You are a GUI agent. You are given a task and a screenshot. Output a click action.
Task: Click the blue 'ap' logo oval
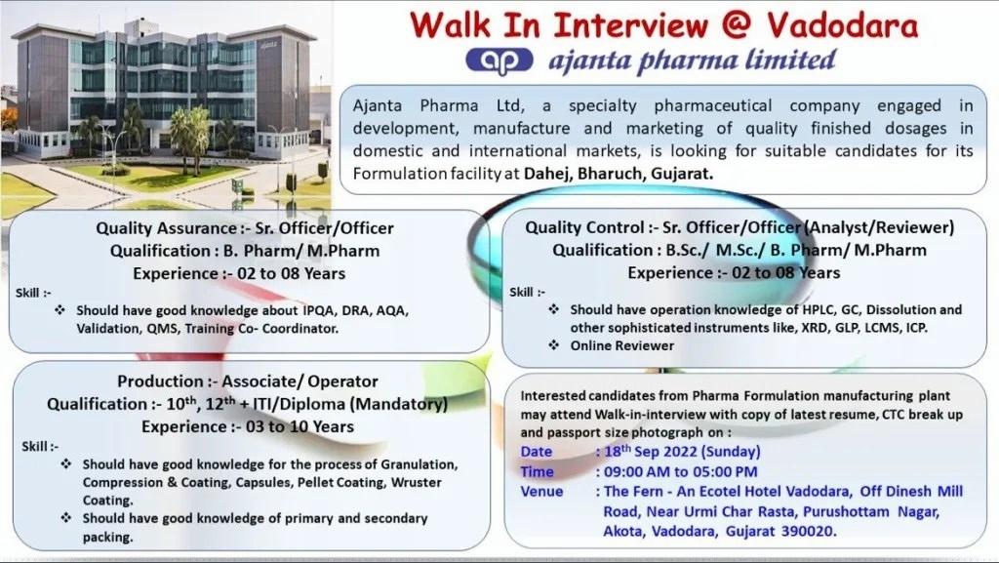coord(499,60)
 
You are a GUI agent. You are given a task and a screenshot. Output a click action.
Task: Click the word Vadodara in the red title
coord(842,24)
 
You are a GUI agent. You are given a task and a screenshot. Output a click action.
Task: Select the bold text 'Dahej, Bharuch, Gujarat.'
coord(618,174)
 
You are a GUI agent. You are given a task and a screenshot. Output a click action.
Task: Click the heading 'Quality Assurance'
coord(166,228)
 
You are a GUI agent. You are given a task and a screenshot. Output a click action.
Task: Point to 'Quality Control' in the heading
coord(584,227)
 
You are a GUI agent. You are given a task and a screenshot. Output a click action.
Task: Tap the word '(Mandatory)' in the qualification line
coord(399,404)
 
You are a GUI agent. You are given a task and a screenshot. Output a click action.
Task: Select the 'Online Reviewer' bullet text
coord(621,345)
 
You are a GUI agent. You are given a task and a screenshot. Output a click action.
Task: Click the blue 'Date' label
coord(537,452)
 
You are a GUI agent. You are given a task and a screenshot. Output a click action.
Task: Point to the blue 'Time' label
coord(538,472)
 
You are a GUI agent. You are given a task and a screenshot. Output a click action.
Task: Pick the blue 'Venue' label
coord(541,492)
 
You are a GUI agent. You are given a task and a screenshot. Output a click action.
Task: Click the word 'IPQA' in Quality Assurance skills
coord(318,311)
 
